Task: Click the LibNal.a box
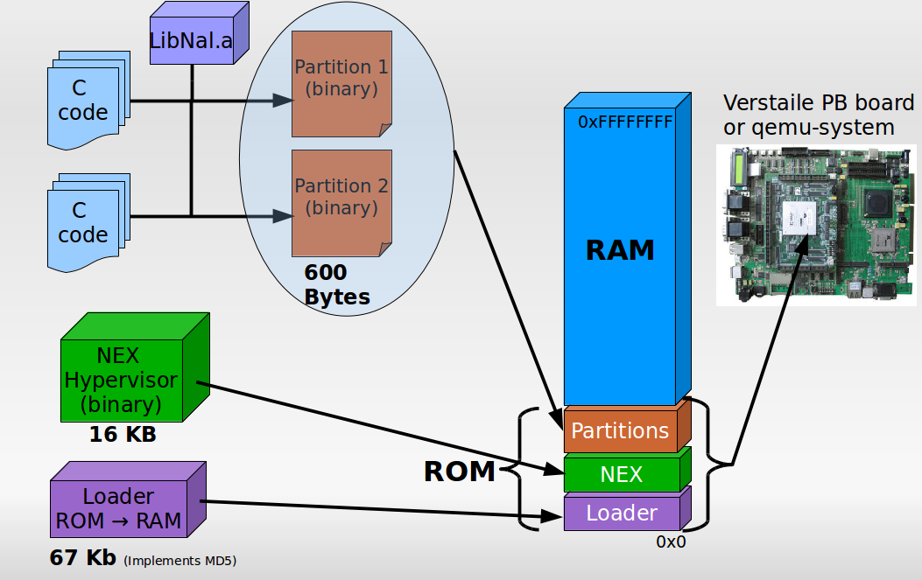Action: click(192, 40)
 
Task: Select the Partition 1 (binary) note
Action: click(341, 82)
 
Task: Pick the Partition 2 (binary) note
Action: click(341, 201)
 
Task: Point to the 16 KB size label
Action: click(123, 434)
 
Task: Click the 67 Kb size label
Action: click(83, 558)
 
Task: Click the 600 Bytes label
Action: click(335, 285)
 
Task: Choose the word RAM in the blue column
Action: click(620, 250)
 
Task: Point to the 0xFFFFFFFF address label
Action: click(624, 122)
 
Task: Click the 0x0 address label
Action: click(671, 542)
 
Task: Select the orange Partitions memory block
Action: click(620, 430)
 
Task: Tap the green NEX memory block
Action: click(621, 474)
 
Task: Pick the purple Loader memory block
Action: click(621, 513)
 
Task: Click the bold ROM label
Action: click(460, 472)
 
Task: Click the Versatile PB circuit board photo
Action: click(814, 225)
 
